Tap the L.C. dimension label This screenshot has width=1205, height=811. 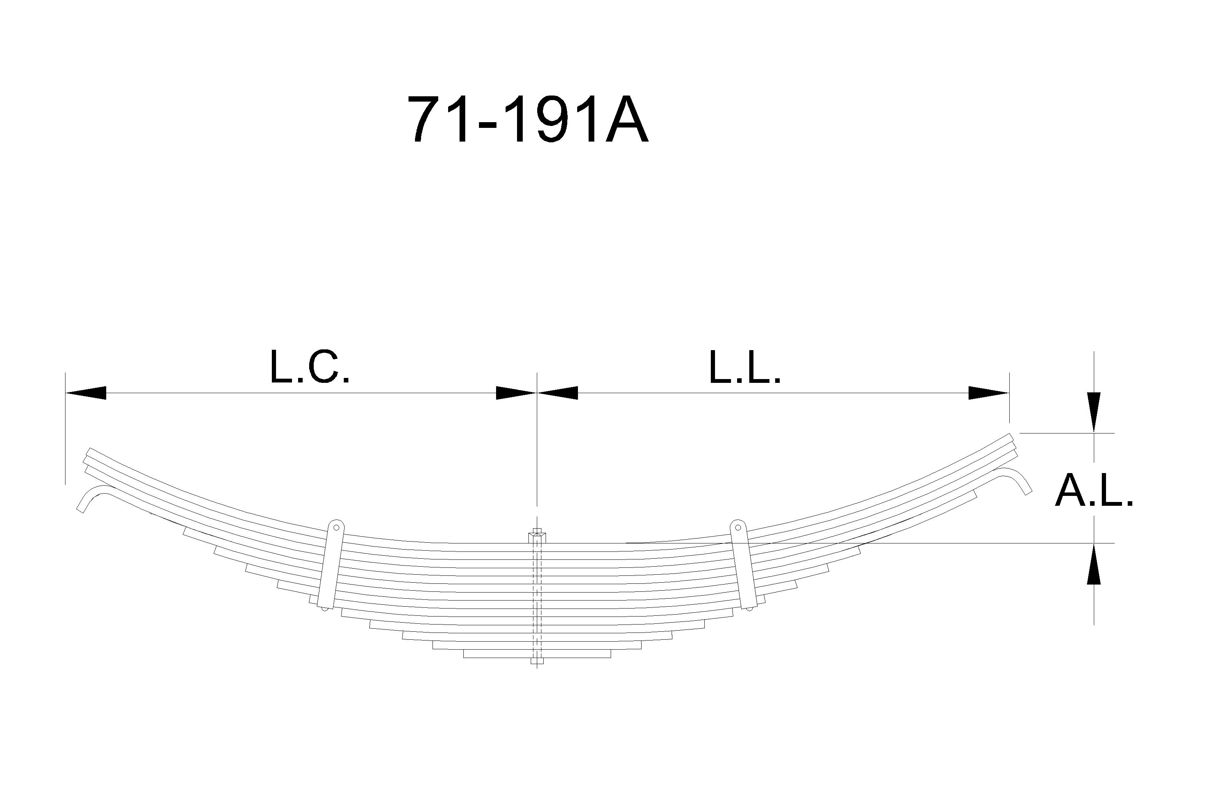[x=310, y=367]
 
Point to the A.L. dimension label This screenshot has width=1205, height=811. [x=1094, y=490]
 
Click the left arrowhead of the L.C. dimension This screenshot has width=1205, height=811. [x=86, y=393]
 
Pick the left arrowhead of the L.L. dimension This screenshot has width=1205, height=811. [x=557, y=393]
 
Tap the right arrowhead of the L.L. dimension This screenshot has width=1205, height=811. [x=989, y=393]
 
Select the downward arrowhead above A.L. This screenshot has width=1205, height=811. [x=1094, y=412]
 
